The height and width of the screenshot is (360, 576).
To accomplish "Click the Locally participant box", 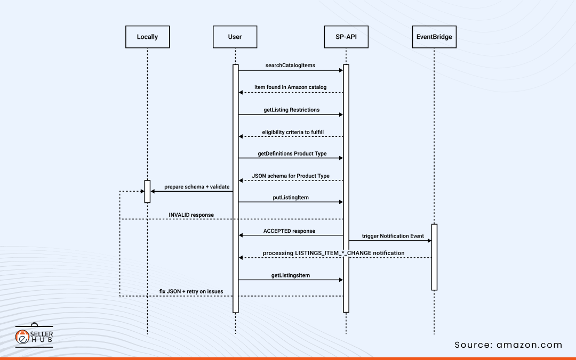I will pos(147,37).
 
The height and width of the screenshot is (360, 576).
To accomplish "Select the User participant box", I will pos(235,37).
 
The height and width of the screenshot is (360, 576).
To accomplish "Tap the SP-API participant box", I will pos(346,37).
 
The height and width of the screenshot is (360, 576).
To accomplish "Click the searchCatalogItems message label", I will pos(290,66).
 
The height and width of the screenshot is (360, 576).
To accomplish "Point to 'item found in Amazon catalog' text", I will pos(290,87).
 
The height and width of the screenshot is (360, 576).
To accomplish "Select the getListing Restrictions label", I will pos(291,110).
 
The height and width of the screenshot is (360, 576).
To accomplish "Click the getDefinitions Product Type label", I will pos(292,153).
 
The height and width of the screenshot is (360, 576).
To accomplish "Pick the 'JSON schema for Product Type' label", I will pos(291,176).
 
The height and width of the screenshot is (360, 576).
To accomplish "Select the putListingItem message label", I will pos(290,198).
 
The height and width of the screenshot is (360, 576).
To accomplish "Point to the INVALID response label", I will pos(191,215).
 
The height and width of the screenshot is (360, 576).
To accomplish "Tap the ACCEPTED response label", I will pos(289,231).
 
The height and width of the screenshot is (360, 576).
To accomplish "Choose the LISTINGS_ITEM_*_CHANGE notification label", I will pos(333,253).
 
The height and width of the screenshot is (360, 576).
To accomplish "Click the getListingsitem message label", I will pos(290,275).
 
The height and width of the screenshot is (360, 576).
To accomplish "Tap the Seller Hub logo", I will pos(34,336).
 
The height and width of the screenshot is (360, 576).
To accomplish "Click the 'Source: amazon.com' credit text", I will pos(508,345).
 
